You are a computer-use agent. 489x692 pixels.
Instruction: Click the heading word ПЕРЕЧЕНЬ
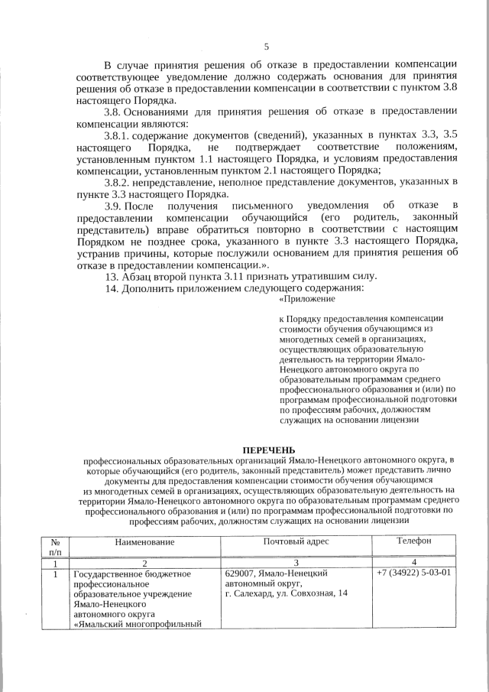[267, 449]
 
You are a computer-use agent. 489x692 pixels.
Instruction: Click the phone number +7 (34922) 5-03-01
[413, 573]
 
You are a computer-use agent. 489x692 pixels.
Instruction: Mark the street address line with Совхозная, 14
[287, 593]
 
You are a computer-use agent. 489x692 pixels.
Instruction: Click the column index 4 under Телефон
[413, 562]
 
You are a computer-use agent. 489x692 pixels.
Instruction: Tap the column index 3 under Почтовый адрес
[296, 562]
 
